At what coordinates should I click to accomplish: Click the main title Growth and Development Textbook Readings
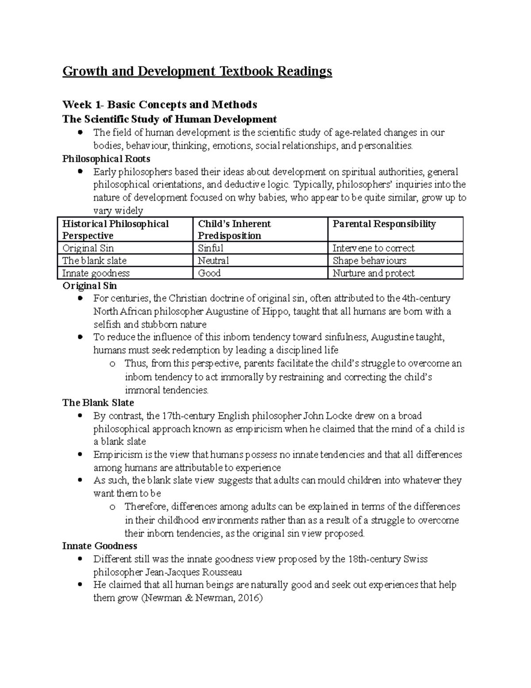[197, 71]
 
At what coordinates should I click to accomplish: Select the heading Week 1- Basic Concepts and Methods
[159, 105]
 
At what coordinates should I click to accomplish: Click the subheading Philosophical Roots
[106, 159]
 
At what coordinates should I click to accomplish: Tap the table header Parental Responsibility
[384, 224]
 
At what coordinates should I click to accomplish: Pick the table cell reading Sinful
[211, 248]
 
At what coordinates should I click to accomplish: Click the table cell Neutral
[213, 260]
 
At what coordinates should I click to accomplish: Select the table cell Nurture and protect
[373, 273]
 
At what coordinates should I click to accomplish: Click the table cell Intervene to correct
[373, 248]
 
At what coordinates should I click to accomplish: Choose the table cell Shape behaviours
[369, 260]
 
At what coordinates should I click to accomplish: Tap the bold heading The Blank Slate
[98, 403]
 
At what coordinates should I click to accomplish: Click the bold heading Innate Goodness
[100, 546]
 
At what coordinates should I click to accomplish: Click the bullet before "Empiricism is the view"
[80, 455]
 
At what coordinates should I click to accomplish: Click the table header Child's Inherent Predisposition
[234, 229]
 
